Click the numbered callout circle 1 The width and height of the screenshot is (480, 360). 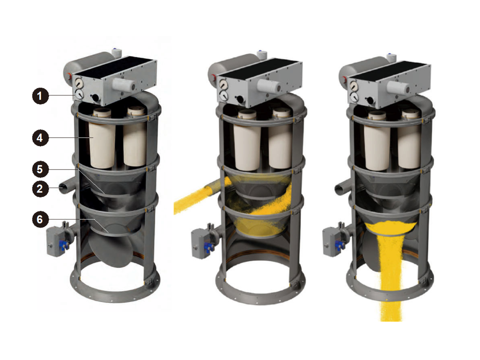coord(40,96)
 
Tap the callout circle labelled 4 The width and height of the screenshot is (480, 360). coord(40,138)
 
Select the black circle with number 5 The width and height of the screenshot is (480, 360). coord(40,169)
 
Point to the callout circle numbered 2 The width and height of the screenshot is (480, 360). coord(40,188)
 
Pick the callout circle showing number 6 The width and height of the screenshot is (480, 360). coord(40,219)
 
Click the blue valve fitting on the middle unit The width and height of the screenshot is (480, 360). coord(209,246)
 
